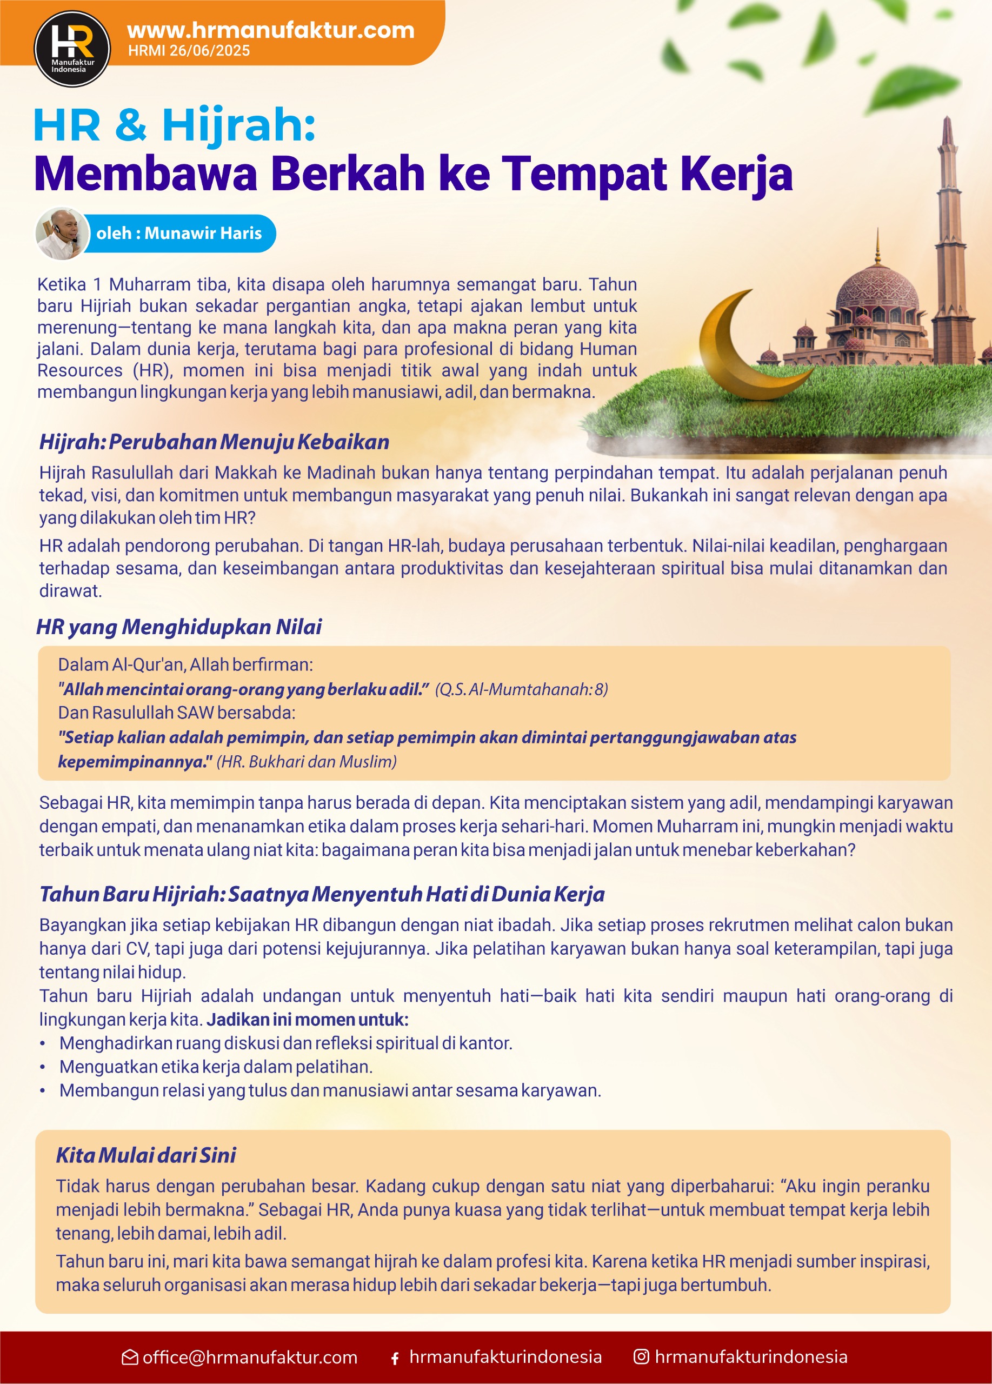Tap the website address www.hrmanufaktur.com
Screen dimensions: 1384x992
coord(270,30)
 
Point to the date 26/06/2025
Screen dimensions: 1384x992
coord(209,51)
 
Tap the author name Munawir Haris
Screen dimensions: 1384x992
coord(203,233)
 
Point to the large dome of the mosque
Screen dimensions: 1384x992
coord(877,287)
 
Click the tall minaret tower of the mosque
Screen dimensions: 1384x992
coord(948,232)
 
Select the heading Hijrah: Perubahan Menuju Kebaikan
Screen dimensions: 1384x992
coord(214,442)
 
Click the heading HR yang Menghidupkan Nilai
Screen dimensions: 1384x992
coord(179,627)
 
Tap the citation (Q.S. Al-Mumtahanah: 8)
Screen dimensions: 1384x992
coord(521,689)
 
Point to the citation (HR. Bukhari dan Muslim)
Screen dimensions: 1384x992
coord(307,762)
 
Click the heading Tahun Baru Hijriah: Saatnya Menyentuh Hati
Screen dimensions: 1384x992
coord(322,894)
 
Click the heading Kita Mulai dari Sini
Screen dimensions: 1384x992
coord(146,1155)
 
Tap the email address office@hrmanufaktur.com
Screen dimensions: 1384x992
coord(250,1357)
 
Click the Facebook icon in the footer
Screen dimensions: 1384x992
coord(395,1359)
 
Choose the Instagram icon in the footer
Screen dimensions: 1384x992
coord(641,1356)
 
